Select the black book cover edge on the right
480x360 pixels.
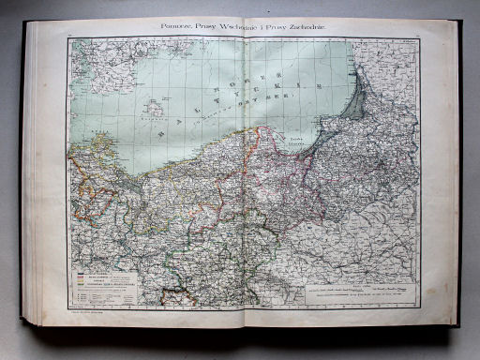(x=458, y=178)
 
